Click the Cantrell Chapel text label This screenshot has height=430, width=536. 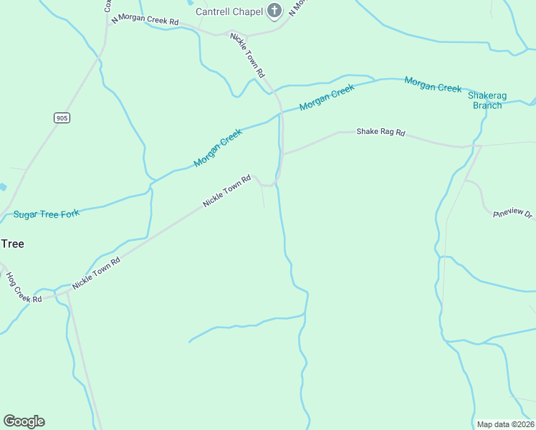tap(229, 11)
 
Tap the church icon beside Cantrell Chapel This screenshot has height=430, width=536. tap(273, 11)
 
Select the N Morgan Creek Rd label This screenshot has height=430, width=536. tap(145, 20)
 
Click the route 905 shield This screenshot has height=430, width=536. tap(62, 118)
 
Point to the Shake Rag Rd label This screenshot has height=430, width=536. tap(381, 133)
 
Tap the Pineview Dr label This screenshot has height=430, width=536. tap(513, 214)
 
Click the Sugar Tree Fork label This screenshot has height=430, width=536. tap(47, 214)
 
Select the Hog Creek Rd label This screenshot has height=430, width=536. tap(19, 287)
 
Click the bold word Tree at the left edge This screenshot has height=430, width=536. tap(12, 244)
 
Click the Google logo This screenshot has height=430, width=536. tap(24, 421)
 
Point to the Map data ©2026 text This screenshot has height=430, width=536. tap(504, 424)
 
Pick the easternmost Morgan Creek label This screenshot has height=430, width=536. tap(433, 84)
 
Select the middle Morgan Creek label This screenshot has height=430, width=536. tap(327, 97)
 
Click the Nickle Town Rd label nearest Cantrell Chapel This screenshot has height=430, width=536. tap(248, 55)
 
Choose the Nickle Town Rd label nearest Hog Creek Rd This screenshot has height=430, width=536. tap(96, 273)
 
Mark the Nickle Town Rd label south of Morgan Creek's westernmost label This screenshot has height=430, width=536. tap(226, 191)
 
